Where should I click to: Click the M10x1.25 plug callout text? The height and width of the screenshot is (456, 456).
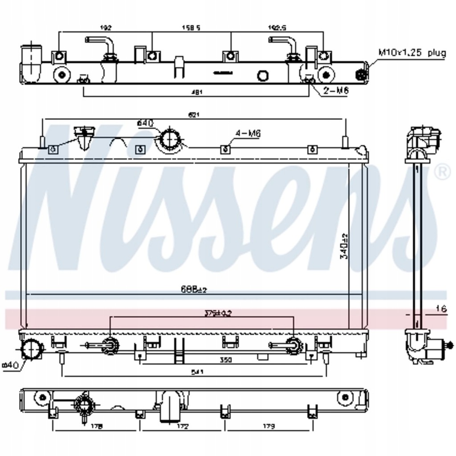pos(411,53)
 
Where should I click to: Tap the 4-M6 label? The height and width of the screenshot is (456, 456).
pos(248,133)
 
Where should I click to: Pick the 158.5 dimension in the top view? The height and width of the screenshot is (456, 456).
pos(191,28)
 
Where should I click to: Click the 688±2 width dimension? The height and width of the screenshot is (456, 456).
pos(193,289)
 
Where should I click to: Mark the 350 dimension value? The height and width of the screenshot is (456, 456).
pos(226,360)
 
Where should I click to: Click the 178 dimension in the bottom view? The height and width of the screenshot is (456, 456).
pos(96,426)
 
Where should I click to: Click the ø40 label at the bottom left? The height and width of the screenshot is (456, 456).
pos(10,365)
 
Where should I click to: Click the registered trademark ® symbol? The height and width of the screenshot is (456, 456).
pos(442,172)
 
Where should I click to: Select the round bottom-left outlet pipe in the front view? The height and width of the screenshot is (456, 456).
pos(32,349)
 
